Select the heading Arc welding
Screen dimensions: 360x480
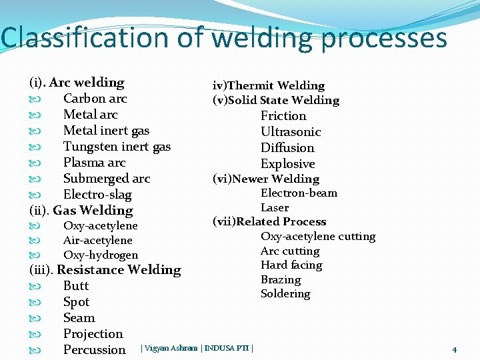87,83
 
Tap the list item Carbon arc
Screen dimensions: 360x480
95,99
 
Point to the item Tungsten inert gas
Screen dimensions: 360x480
117,147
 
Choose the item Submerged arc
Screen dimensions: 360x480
107,179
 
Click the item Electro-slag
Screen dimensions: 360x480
97,195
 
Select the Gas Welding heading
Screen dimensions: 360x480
93,211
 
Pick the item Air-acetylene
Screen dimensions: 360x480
97,241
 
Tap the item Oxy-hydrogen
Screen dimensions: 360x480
101,255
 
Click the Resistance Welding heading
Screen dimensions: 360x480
119,270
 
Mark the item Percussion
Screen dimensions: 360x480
94,350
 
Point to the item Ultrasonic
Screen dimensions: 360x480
291,132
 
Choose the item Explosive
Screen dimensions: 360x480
287,164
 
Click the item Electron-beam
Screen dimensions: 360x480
299,193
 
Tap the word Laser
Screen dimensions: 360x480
275,208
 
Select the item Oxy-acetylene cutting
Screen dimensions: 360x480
318,237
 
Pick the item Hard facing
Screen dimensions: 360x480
291,265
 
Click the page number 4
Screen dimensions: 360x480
454,349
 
